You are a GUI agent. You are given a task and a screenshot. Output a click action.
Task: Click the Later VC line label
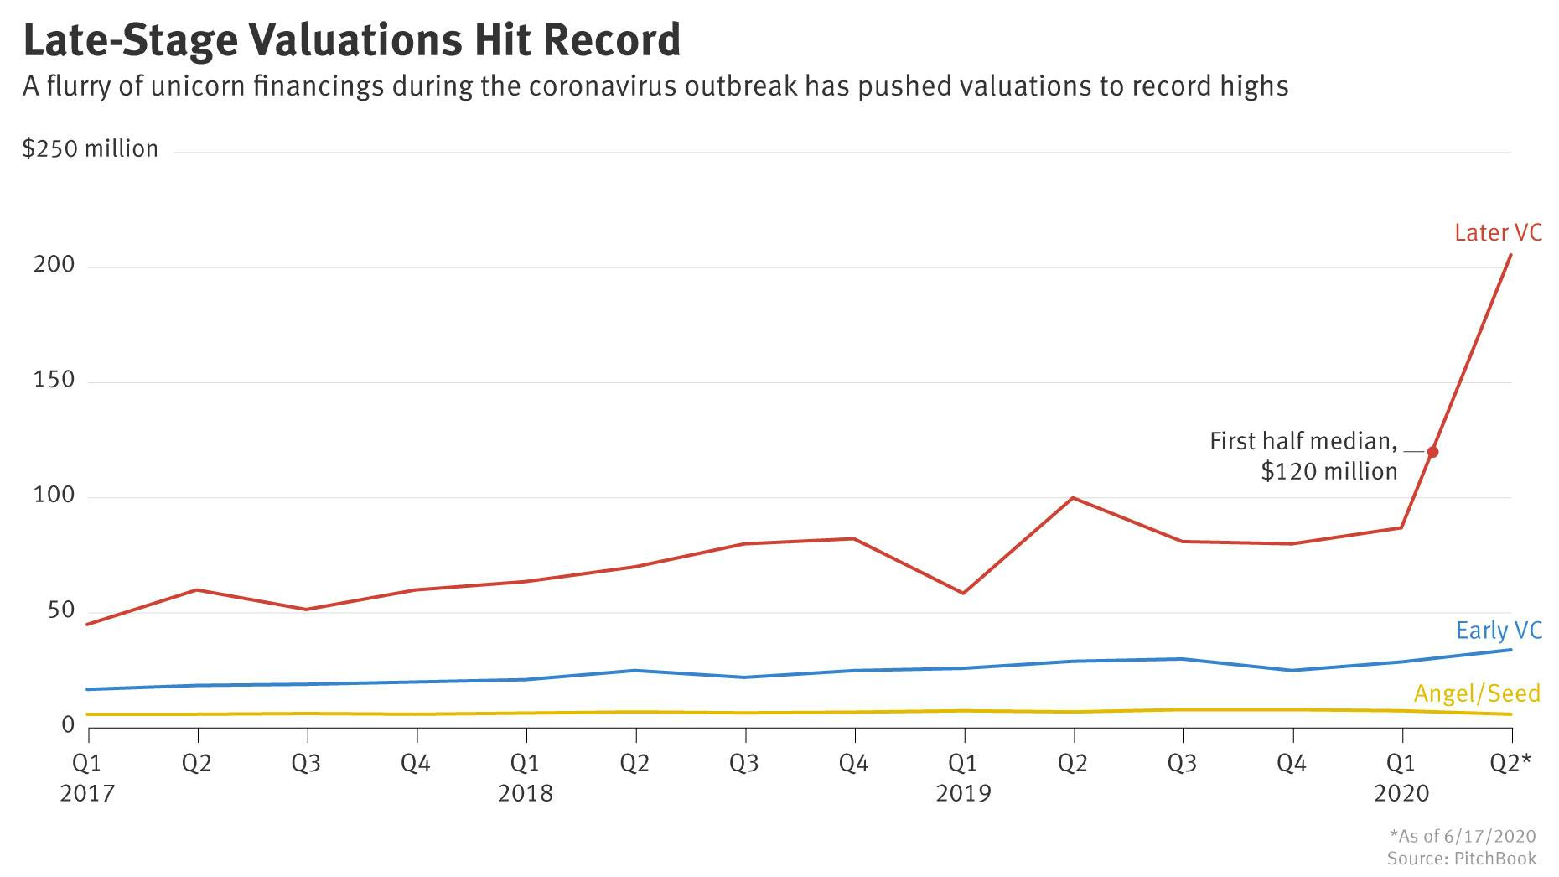[x=1498, y=232]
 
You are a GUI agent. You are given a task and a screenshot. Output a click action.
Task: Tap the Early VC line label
[x=1499, y=631]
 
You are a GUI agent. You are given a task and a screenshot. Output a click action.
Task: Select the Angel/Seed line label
[x=1477, y=693]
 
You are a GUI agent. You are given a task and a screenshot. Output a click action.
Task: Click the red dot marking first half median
[x=1432, y=452]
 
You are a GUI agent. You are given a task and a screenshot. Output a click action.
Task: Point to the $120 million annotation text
[x=1329, y=471]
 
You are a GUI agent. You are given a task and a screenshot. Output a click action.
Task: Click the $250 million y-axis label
[x=90, y=149]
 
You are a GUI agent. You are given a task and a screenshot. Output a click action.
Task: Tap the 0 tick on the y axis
[x=68, y=724]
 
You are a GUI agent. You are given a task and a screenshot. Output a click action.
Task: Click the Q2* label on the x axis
[x=1510, y=763]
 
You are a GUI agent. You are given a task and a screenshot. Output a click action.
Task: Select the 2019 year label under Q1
[x=963, y=793]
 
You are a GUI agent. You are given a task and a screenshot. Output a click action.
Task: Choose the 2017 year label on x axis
[x=86, y=793]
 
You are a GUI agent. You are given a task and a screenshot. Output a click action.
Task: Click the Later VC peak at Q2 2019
[x=1073, y=498]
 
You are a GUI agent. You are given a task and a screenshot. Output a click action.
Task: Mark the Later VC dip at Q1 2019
[x=964, y=593]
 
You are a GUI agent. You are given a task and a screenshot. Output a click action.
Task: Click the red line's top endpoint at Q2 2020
[x=1510, y=255]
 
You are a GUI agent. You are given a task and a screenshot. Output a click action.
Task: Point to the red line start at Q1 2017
[x=88, y=624]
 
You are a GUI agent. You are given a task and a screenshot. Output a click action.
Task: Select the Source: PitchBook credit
[x=1461, y=858]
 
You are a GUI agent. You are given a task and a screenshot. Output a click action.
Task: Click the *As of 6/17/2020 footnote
[x=1462, y=836]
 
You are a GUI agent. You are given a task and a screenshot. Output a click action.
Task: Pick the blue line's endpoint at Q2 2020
[x=1510, y=650]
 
